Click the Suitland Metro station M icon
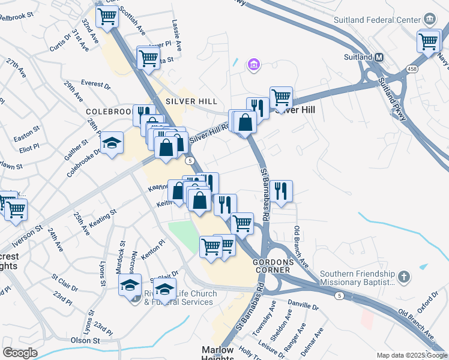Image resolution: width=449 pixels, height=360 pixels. pos(379,58)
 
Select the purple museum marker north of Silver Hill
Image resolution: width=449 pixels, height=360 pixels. pos(253,64)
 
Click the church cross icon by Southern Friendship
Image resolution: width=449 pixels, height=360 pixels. pos(405,277)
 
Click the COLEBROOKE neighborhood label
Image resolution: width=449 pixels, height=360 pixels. pos(109,112)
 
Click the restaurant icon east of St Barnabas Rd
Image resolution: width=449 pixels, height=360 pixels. pos(281,191)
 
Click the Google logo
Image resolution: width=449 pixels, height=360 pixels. pos(20,353)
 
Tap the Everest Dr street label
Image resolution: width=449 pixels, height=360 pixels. pos(96,86)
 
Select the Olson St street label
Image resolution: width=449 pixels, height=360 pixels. pos(85,340)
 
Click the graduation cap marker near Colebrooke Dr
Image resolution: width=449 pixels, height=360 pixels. pos(112,143)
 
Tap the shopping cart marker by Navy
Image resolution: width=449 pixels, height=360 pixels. pos(429,41)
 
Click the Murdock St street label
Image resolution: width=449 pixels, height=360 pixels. pos(122,253)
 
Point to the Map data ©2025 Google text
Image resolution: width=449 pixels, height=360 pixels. pos(411,355)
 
